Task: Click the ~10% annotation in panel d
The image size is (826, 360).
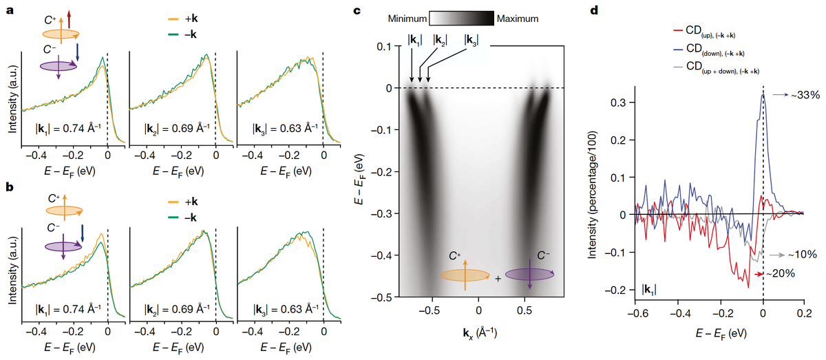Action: (803, 255)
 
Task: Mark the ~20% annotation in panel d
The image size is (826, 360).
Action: (782, 273)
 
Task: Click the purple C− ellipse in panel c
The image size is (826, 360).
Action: (529, 274)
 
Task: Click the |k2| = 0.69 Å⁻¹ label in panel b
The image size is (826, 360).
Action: (177, 308)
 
